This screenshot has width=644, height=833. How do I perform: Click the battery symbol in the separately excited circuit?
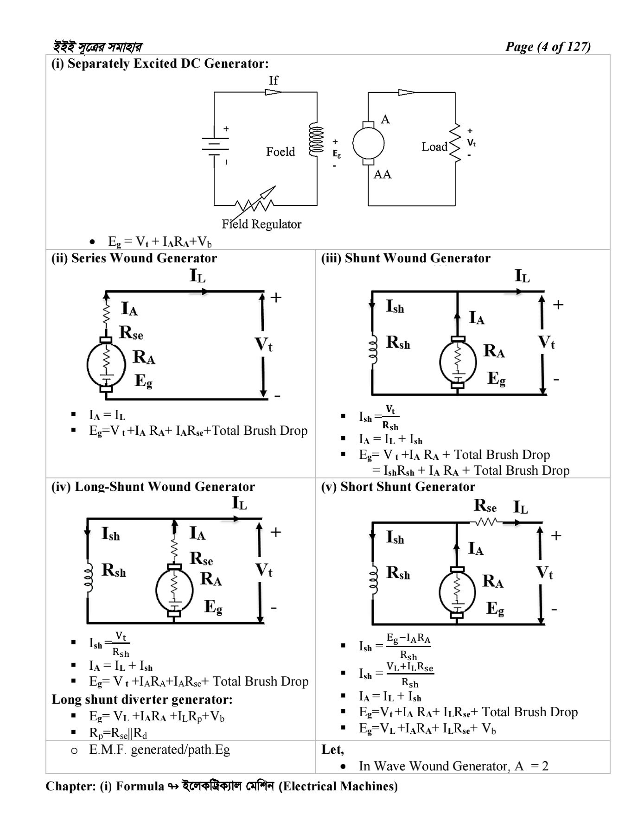tap(214, 145)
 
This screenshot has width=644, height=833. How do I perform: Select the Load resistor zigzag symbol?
tap(456, 143)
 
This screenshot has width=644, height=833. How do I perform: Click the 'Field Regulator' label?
tap(261, 224)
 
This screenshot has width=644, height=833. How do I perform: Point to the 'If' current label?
tap(274, 81)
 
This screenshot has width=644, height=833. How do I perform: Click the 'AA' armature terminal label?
tap(383, 174)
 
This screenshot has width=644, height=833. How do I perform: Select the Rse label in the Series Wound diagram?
tap(131, 332)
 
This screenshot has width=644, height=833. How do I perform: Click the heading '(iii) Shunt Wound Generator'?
tap(406, 258)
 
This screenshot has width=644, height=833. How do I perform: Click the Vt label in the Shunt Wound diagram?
tap(547, 343)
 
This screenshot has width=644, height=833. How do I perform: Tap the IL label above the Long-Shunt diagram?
tap(240, 503)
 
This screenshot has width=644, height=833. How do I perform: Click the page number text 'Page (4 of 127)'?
tap(548, 47)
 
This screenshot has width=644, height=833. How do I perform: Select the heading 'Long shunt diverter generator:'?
tap(142, 699)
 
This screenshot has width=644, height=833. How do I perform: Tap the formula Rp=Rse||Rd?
tap(118, 733)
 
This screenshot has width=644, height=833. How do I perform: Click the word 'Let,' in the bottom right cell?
tap(332, 750)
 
